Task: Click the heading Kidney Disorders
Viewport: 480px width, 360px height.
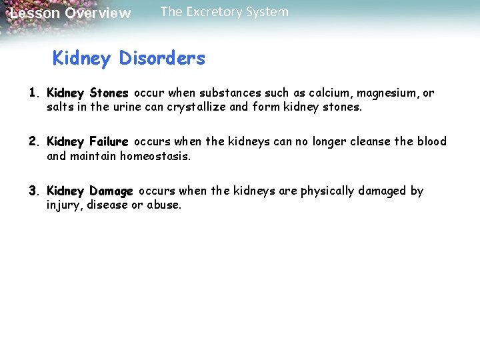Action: point(129,59)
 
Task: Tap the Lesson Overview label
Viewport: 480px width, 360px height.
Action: point(71,13)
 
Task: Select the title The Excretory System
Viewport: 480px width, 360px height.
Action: point(225,12)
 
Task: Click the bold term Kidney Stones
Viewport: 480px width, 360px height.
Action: point(87,93)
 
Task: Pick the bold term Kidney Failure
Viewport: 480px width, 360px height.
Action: point(87,142)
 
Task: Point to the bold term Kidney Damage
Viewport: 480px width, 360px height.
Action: point(90,191)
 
